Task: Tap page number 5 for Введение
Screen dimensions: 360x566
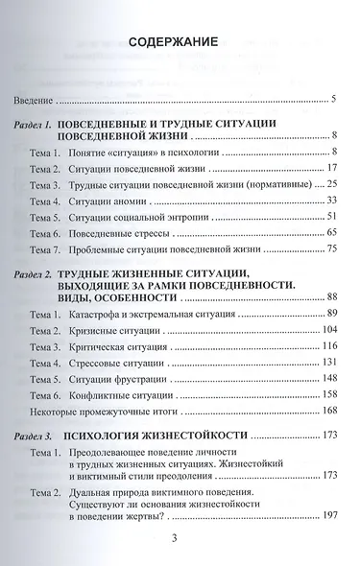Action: [x=330, y=100]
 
